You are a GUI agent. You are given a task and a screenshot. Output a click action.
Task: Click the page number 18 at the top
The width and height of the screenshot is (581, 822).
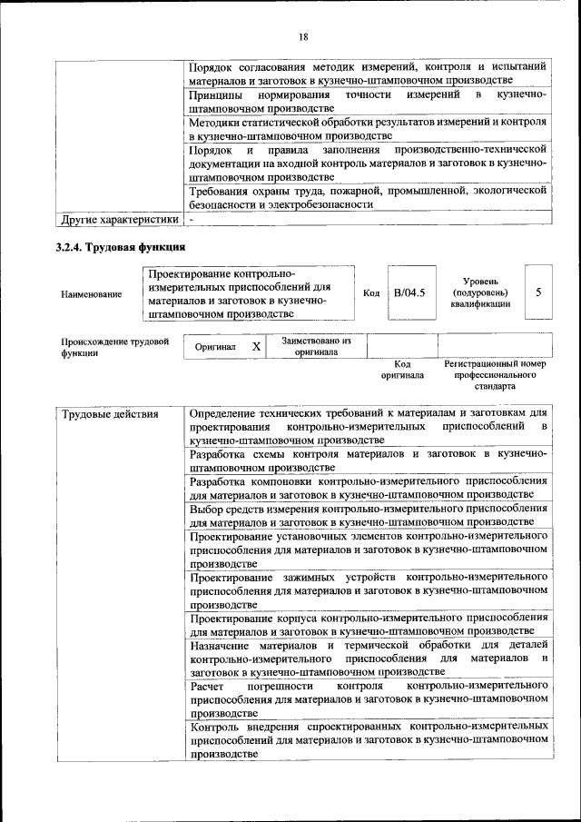pos(302,36)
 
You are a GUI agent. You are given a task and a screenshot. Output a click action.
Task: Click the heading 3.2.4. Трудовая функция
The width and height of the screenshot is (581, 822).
pos(121,246)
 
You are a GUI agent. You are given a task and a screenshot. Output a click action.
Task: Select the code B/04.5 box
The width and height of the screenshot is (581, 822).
pos(410,292)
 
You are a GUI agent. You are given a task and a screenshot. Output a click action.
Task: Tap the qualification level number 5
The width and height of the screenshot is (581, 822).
pos(538,292)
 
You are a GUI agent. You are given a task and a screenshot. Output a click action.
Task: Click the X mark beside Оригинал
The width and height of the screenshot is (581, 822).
pos(256,346)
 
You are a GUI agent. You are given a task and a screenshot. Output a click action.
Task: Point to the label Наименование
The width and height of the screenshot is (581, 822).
pos(92,294)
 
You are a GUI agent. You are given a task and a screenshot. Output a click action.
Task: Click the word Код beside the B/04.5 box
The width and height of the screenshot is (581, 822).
pos(371,292)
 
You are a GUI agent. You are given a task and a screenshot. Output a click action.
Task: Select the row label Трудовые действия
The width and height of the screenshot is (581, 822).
pos(110,415)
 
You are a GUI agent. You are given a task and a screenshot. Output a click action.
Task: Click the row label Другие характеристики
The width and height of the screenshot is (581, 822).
pos(119,219)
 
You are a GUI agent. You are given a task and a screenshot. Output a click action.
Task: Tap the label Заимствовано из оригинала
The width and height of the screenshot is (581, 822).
pos(316,346)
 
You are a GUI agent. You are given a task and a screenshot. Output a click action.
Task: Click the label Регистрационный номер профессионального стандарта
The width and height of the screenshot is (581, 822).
pos(495,374)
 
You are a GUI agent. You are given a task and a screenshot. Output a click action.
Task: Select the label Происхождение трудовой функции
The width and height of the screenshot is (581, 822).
pos(115,348)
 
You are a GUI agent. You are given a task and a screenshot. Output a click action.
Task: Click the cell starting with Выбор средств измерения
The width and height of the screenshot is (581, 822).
pos(369,515)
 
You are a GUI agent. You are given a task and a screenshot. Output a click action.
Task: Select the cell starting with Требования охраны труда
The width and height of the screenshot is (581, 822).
pos(369,197)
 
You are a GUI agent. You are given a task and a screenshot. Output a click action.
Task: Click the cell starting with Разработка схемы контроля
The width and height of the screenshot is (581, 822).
pos(369,459)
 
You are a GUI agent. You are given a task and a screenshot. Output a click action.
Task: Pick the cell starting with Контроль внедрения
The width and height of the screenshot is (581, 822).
pos(369,739)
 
